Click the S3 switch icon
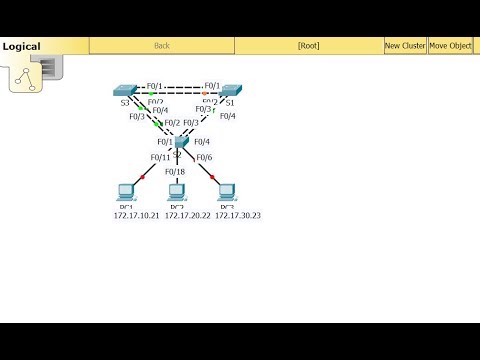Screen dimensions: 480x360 click(127, 90)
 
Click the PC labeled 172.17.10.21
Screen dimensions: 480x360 click(126, 190)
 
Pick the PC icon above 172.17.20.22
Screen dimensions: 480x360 click(177, 190)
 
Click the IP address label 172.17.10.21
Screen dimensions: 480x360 click(136, 215)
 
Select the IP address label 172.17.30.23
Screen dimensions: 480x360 click(238, 215)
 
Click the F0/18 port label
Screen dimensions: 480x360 click(175, 171)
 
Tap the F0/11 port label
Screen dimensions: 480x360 click(161, 157)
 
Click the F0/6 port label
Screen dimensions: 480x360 click(203, 157)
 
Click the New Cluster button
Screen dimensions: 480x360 click(405, 45)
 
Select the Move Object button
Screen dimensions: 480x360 click(451, 45)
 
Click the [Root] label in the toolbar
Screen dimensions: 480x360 click(308, 45)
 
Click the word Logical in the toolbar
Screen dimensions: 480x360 click(21, 46)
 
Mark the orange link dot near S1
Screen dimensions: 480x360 click(205, 93)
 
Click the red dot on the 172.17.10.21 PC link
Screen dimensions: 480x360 click(144, 177)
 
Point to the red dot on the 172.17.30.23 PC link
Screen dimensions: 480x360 click(212, 177)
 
